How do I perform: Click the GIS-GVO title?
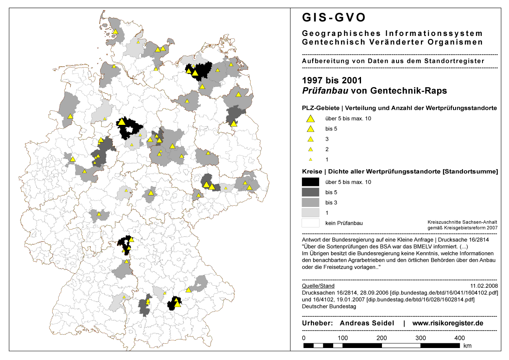(x=334, y=18)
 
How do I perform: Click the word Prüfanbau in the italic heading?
(x=322, y=91)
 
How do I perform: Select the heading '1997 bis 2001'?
(x=332, y=80)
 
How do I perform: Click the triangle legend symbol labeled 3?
(x=311, y=139)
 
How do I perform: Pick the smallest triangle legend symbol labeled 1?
(x=311, y=159)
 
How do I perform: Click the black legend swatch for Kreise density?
(x=311, y=182)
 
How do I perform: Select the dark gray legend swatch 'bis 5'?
(x=311, y=192)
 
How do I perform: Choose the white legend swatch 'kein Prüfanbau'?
(x=311, y=223)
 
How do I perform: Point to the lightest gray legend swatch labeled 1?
(x=311, y=212)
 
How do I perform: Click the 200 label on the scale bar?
(x=382, y=338)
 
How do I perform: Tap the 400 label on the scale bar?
(x=459, y=338)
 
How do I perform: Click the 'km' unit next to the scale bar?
(x=467, y=345)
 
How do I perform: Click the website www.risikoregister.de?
(x=447, y=323)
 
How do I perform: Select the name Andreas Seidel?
(x=367, y=323)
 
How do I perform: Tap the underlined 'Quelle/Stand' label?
(x=318, y=286)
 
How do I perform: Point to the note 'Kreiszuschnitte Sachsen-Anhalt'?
(x=462, y=222)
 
